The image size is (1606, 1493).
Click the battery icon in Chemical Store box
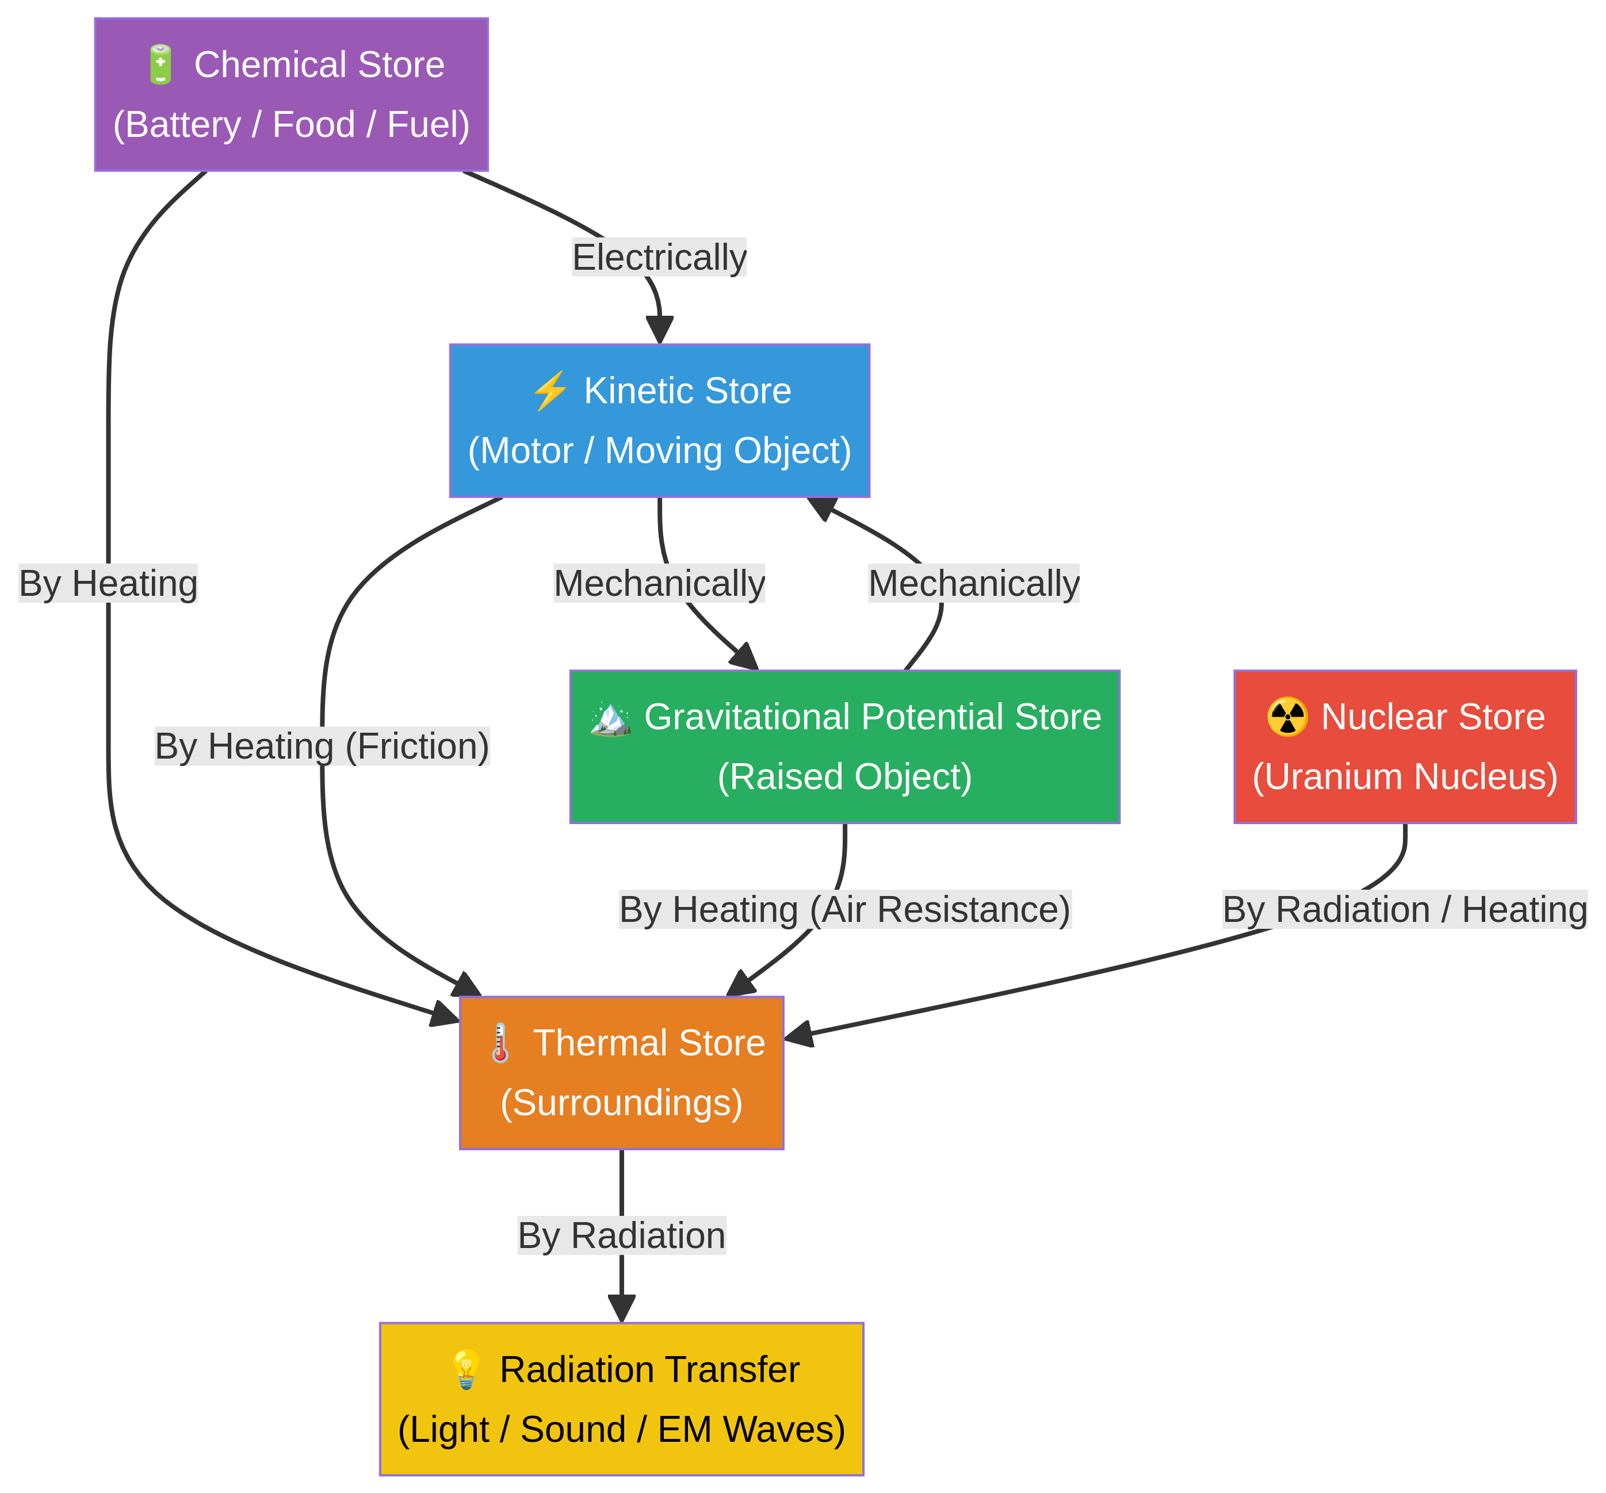click(x=160, y=64)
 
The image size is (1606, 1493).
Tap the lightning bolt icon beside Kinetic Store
click(x=549, y=391)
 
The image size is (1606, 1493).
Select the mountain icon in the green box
click(x=610, y=717)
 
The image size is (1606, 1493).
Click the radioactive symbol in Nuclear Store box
click(x=1287, y=717)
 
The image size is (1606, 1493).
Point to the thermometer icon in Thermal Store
click(x=500, y=1043)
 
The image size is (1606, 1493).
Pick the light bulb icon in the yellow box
click(x=466, y=1370)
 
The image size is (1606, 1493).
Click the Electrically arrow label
click(x=659, y=258)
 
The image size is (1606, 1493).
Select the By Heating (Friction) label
click(x=322, y=746)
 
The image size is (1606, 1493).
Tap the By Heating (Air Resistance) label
click(x=845, y=910)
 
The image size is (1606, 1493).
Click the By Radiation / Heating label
click(x=1405, y=910)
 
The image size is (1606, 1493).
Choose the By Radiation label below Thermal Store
click(x=621, y=1236)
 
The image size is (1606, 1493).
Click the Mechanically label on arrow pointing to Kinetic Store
click(x=973, y=583)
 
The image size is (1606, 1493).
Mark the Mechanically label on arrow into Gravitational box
click(x=659, y=583)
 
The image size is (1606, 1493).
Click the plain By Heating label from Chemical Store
click(x=108, y=583)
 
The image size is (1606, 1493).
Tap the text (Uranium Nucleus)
click(x=1405, y=777)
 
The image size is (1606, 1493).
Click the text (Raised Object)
click(x=845, y=777)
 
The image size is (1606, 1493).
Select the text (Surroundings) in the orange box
click(x=621, y=1103)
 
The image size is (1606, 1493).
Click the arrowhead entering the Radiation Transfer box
click(x=621, y=1307)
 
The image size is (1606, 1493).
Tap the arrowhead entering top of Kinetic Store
click(x=660, y=330)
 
